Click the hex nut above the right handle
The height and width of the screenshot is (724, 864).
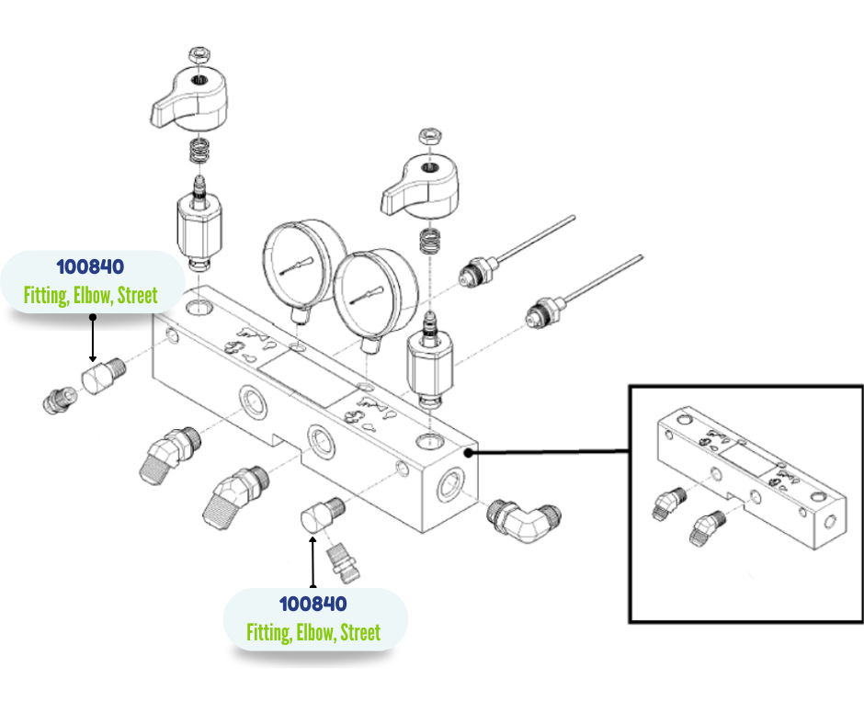pyautogui.click(x=429, y=136)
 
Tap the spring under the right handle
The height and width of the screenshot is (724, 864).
pyautogui.click(x=428, y=241)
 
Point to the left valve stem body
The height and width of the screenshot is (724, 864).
pyautogui.click(x=200, y=224)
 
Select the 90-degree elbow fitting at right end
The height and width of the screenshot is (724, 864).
pyautogui.click(x=524, y=519)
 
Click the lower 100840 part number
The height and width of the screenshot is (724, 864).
pyautogui.click(x=313, y=604)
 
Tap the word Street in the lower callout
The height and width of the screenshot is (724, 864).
pyautogui.click(x=360, y=633)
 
